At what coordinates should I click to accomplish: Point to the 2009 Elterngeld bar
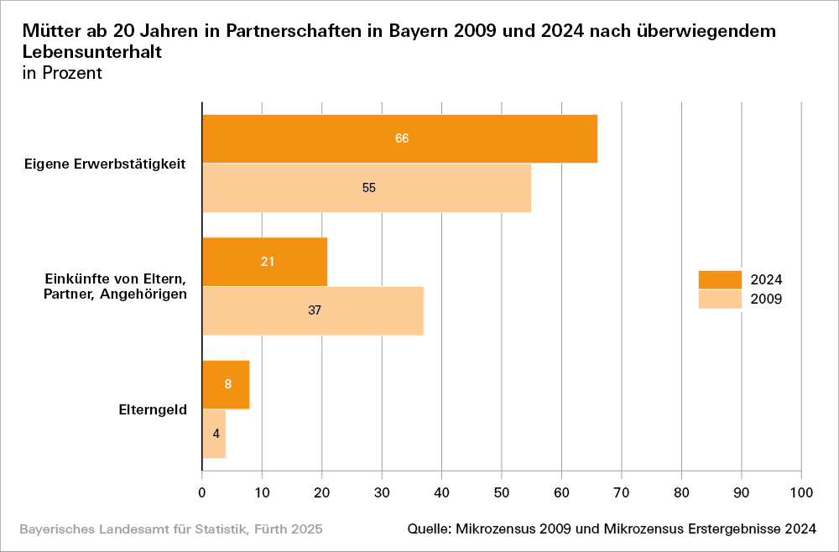(x=214, y=434)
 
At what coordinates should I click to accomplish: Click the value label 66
(x=402, y=138)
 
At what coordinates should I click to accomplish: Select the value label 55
(x=369, y=188)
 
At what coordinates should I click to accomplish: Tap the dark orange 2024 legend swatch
(x=720, y=279)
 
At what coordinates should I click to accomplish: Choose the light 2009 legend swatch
(x=720, y=299)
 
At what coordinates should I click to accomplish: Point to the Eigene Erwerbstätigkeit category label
(x=106, y=163)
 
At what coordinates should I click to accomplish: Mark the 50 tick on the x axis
(x=502, y=493)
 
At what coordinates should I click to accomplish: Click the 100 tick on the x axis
(x=801, y=493)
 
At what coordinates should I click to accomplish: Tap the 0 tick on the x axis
(x=202, y=493)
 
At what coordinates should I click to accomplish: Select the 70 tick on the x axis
(x=622, y=493)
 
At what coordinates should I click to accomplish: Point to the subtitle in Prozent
(x=63, y=73)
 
